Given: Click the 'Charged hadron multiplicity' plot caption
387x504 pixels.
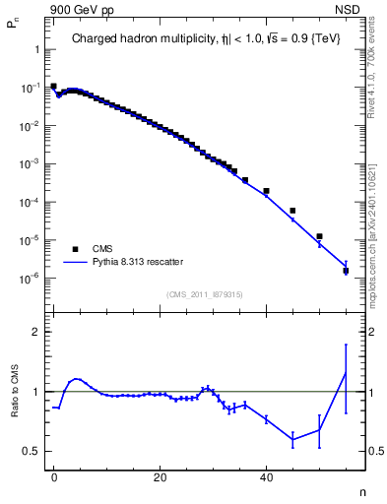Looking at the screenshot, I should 206,40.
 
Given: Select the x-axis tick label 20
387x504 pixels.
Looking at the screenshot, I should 160,475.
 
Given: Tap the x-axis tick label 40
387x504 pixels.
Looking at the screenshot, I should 266,475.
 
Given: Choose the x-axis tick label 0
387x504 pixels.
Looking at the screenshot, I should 54,475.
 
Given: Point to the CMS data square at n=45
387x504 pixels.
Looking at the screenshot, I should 292,211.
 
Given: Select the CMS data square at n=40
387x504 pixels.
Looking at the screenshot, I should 266,191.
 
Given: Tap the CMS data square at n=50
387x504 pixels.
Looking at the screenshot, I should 319,236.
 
